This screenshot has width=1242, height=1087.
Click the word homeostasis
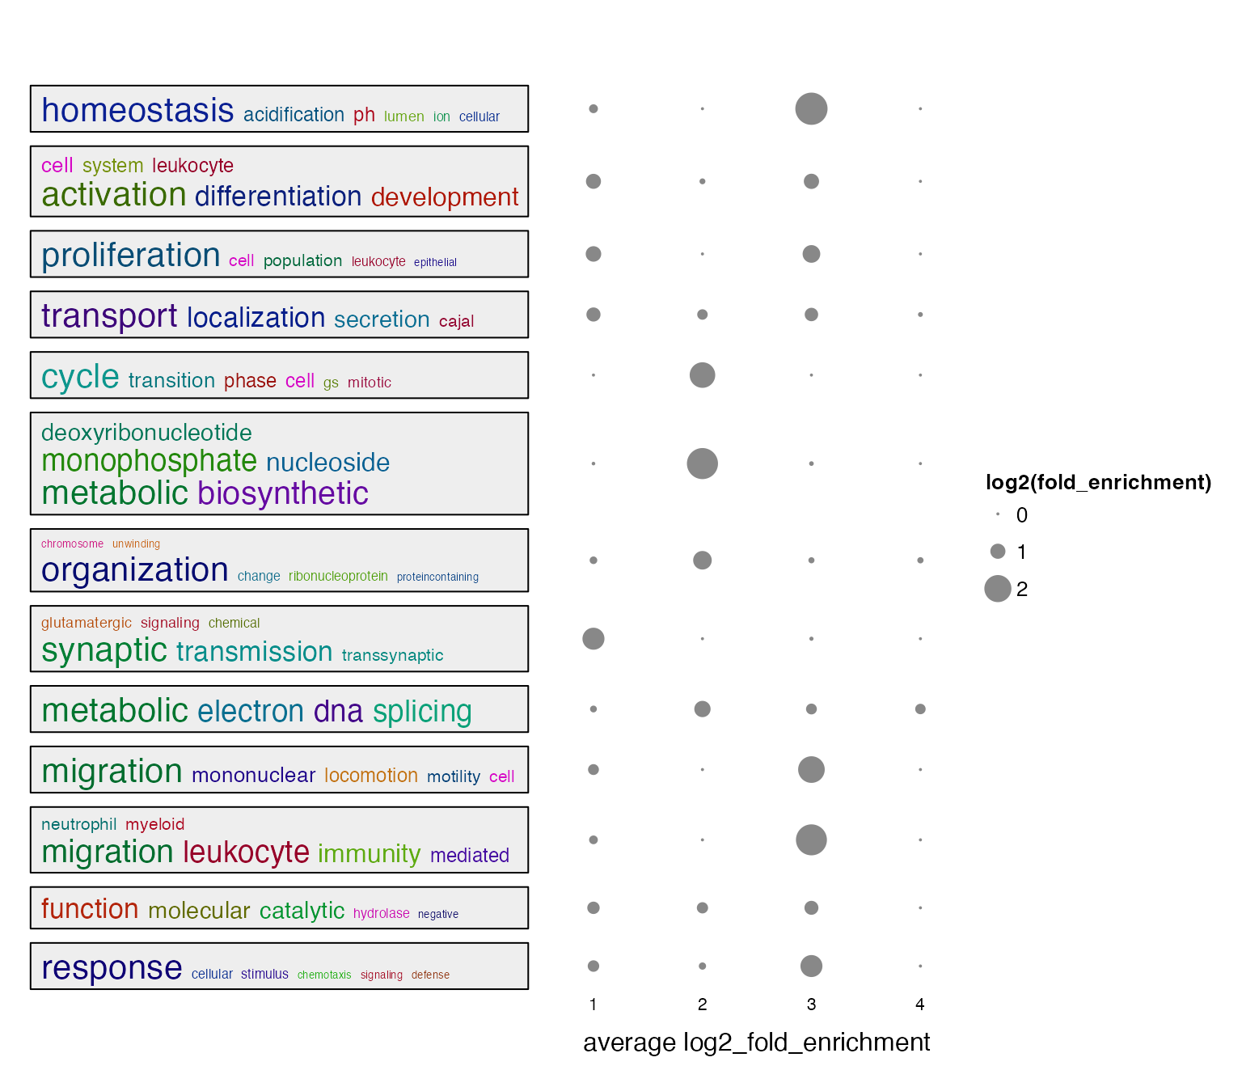point(137,111)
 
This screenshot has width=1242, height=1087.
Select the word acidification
point(294,115)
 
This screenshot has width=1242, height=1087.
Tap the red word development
point(445,197)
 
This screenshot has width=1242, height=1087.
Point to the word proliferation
point(131,256)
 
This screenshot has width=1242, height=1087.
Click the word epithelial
point(435,262)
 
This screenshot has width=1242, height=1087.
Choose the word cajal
point(456,321)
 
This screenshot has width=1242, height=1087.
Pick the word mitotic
point(370,383)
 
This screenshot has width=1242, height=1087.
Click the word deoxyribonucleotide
point(146,433)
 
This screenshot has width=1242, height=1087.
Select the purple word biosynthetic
point(283,493)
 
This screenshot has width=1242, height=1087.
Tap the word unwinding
point(136,543)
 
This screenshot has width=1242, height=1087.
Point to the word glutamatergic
point(87,623)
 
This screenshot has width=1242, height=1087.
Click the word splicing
point(422,712)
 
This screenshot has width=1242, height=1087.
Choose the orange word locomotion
point(371,776)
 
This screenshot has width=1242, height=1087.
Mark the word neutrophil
point(79,824)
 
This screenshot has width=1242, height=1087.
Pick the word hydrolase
point(382,913)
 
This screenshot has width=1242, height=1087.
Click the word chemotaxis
point(324,975)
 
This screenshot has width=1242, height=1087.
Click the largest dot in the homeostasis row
point(811,108)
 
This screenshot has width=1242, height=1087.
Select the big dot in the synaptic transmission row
point(594,639)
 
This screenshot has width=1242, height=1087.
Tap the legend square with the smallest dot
point(998,514)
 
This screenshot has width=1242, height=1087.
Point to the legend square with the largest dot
point(998,589)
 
